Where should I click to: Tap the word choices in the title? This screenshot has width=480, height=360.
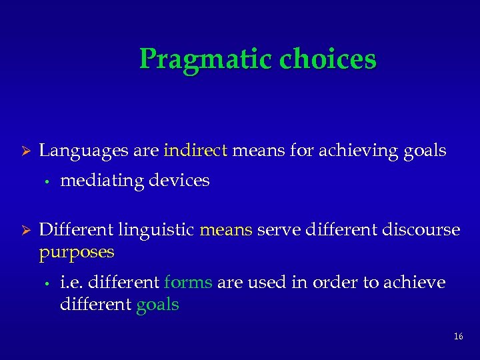[328, 60]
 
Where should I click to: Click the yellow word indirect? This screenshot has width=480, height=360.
[196, 151]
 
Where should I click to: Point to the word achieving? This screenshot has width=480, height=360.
[359, 151]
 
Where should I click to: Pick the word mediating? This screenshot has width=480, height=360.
[102, 180]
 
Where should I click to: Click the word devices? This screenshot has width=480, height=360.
[179, 180]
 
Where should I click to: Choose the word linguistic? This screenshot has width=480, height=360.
[157, 231]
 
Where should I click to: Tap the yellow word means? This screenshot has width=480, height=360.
[226, 231]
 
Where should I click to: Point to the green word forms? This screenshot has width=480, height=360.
[188, 283]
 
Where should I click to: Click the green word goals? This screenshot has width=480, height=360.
[157, 305]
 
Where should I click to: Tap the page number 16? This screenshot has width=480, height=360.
[458, 337]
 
